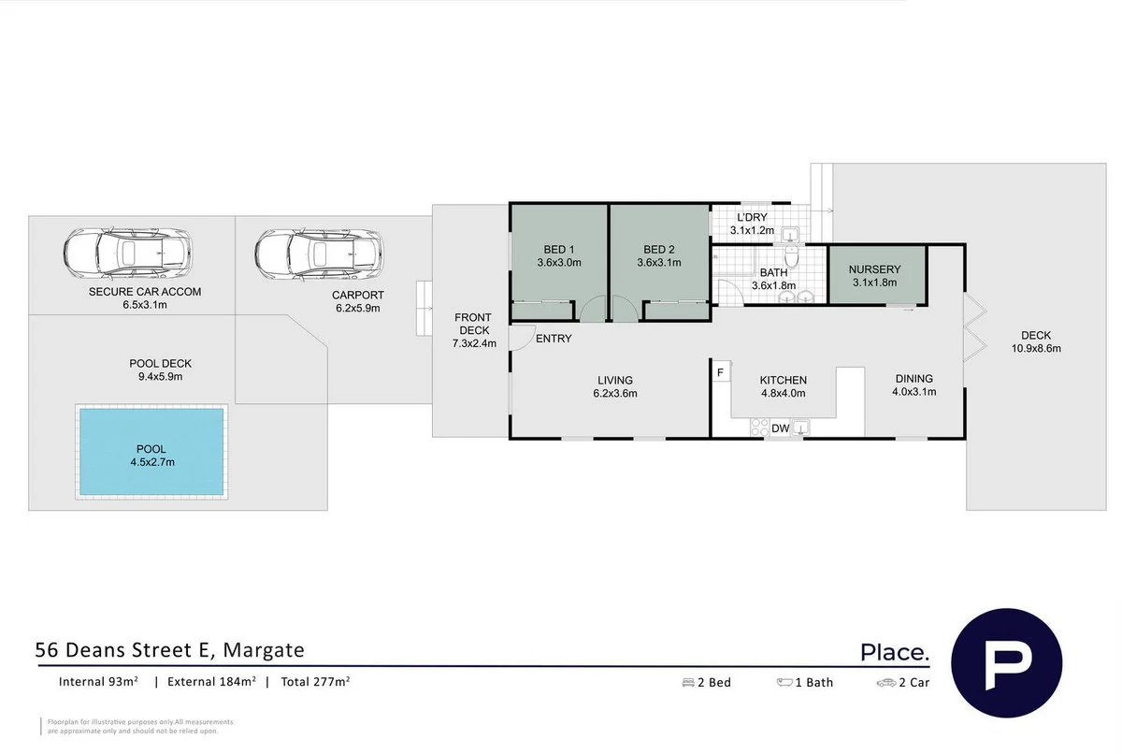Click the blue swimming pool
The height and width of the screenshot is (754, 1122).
pyautogui.click(x=152, y=453)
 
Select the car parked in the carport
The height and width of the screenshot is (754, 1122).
pyautogui.click(x=318, y=253)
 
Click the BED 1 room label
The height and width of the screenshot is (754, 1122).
pyautogui.click(x=559, y=250)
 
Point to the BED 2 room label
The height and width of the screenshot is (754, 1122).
pyautogui.click(x=659, y=250)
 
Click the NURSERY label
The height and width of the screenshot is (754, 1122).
pyautogui.click(x=876, y=269)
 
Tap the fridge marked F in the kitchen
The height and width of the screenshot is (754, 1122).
pyautogui.click(x=721, y=372)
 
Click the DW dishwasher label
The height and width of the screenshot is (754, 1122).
pyautogui.click(x=781, y=428)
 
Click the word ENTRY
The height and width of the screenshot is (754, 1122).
pyautogui.click(x=554, y=339)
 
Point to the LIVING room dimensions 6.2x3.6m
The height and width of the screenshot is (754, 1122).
pyautogui.click(x=615, y=393)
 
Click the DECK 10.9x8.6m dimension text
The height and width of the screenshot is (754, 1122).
pyautogui.click(x=1036, y=348)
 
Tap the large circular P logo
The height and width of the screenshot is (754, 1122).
pyautogui.click(x=1006, y=663)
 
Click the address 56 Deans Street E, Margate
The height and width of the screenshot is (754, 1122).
pyautogui.click(x=170, y=649)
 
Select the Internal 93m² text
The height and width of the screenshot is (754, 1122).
pyautogui.click(x=98, y=682)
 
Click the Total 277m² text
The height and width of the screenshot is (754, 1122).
pyautogui.click(x=312, y=682)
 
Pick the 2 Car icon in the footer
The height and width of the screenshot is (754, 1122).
pyautogui.click(x=885, y=683)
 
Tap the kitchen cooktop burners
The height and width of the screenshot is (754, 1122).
pyautogui.click(x=759, y=428)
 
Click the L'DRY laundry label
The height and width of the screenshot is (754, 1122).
pyautogui.click(x=752, y=218)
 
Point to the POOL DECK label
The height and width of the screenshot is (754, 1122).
pyautogui.click(x=160, y=364)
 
